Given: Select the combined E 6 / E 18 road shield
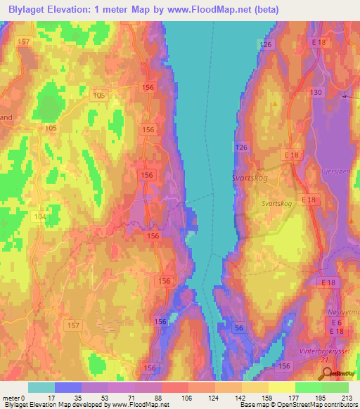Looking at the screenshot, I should tap(337, 326).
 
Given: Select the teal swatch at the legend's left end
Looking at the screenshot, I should tap(41, 388).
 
